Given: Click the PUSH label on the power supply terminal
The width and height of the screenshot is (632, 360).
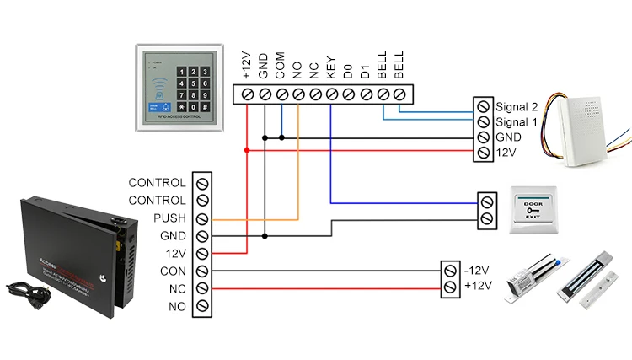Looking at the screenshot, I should tap(171, 218).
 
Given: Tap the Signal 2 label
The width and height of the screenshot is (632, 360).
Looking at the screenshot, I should tap(516, 107).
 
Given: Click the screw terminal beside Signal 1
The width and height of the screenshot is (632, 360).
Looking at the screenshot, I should tap(483, 122).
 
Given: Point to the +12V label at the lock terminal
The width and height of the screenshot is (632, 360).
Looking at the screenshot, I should tap(477, 287).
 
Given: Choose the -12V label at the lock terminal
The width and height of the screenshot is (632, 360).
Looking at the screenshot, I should tap(477, 271).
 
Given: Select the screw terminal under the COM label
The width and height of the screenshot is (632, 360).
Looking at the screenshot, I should tap(281, 94).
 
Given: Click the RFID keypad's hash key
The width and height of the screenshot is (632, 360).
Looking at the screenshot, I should tap(204, 108).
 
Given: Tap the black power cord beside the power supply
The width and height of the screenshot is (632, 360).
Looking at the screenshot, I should tap(26, 290).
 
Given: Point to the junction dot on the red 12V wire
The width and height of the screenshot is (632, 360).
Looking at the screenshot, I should tap(247, 150).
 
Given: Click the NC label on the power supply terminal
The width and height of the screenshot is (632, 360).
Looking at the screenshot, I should tap(177, 289).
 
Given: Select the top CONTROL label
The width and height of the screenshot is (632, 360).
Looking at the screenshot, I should tap(158, 183).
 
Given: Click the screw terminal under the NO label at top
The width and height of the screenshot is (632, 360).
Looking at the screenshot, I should tap(297, 94).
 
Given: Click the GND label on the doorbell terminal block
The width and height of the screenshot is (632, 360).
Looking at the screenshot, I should tap(508, 137).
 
